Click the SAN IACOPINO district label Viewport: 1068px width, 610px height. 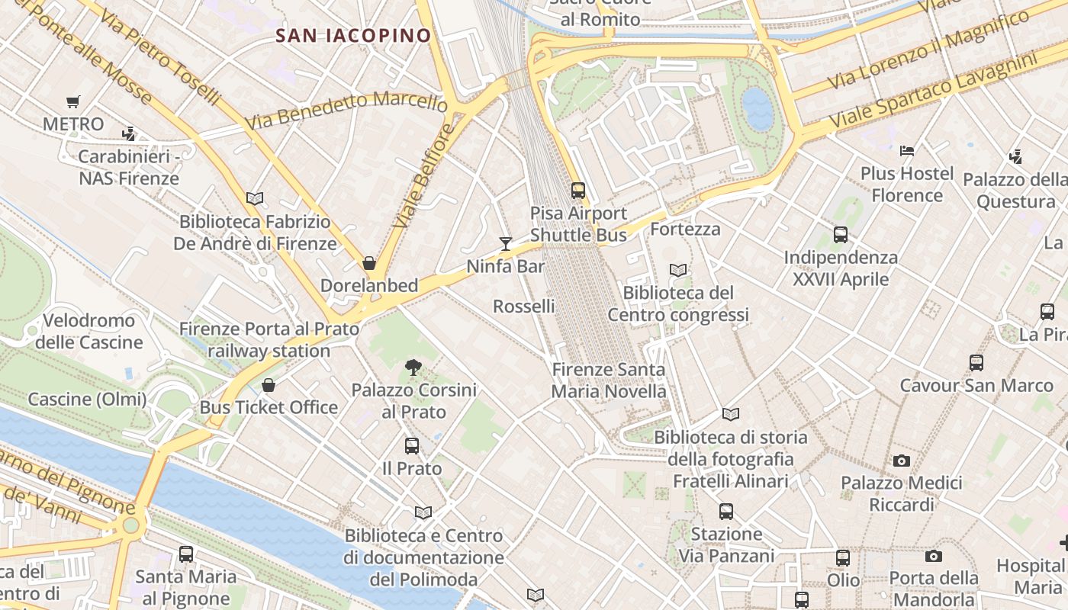click(x=353, y=35)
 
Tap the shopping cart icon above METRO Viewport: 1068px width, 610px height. click(x=73, y=101)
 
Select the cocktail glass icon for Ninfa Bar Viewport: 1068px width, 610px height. click(x=505, y=244)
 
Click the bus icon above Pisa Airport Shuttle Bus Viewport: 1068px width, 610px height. click(x=578, y=191)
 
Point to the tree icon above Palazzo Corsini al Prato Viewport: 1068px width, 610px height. click(x=413, y=368)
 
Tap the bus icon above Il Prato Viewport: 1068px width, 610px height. click(x=412, y=446)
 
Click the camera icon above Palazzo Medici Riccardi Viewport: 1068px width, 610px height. click(x=902, y=461)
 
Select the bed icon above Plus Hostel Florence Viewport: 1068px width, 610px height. click(x=907, y=151)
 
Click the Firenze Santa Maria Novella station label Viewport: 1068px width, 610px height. click(x=609, y=380)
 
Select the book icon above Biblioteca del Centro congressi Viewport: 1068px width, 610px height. click(x=677, y=270)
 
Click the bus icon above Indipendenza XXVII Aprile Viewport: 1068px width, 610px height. click(x=841, y=235)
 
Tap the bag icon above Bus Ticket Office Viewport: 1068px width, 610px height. click(x=268, y=385)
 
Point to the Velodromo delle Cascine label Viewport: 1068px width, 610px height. click(x=88, y=331)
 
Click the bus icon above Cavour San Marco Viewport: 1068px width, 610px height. click(x=976, y=363)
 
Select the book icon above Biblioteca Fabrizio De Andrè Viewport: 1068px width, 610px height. click(x=255, y=199)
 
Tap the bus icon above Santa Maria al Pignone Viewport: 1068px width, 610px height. click(x=186, y=554)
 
